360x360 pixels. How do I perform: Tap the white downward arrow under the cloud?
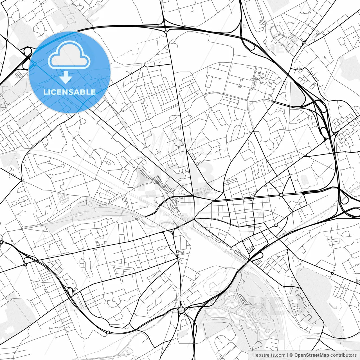click(x=66, y=77)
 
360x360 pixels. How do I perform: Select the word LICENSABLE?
click(x=69, y=92)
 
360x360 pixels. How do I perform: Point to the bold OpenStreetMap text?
click(x=312, y=355)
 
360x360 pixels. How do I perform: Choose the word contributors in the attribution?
click(x=343, y=355)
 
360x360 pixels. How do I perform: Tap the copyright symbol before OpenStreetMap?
click(x=291, y=355)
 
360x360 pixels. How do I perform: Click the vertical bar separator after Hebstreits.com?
click(x=287, y=355)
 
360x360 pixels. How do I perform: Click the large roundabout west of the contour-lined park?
click(x=181, y=310)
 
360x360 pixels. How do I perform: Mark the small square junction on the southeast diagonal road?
click(x=332, y=273)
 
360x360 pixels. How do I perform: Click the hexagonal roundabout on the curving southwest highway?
click(x=108, y=332)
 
